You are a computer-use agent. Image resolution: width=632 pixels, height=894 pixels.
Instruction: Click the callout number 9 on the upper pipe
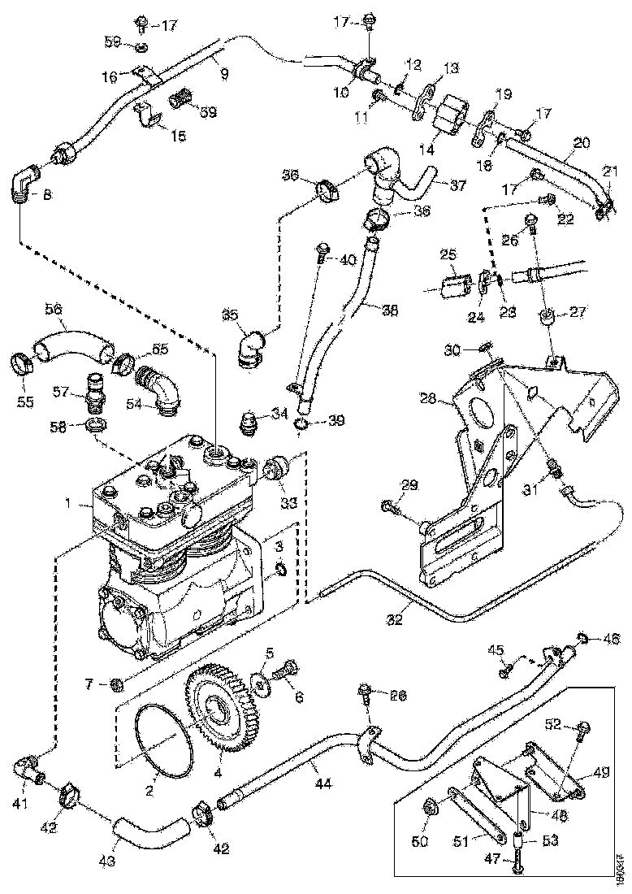tap(223, 73)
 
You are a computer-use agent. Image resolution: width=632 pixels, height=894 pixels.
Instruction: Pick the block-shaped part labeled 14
tap(450, 119)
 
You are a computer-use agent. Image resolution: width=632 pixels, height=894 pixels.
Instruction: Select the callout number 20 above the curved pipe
tap(578, 142)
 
